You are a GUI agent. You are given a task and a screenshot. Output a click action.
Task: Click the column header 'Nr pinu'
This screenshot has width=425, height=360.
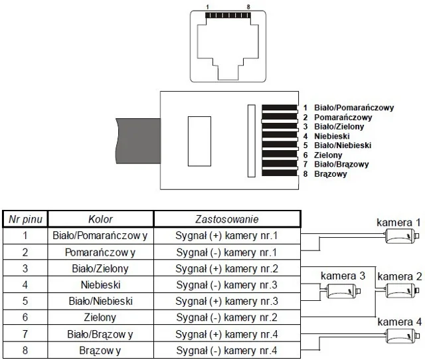26,219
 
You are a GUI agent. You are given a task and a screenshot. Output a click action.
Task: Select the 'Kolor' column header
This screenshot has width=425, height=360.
100,219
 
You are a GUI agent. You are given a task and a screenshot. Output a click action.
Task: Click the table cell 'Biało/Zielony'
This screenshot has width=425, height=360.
100,269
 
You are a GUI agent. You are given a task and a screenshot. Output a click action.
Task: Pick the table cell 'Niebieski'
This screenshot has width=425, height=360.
100,286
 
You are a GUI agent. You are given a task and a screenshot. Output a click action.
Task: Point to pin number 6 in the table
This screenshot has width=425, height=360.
26,317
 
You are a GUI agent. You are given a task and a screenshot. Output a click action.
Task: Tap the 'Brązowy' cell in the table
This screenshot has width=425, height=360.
100,351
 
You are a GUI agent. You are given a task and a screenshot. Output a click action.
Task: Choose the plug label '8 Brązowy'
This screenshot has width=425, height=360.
325,174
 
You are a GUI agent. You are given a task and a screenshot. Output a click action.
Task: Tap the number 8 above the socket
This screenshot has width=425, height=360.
247,6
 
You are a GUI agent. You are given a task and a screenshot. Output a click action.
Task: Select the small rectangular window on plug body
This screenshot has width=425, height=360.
198,140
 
